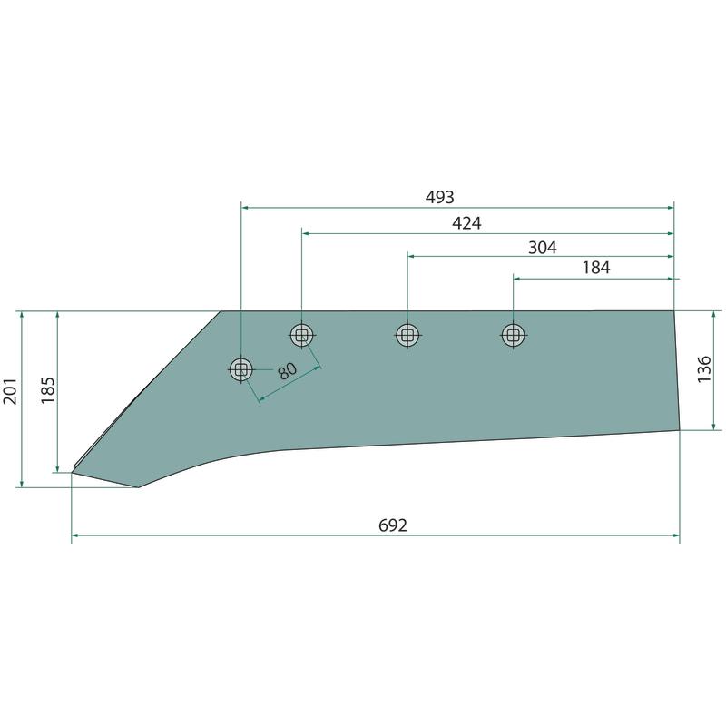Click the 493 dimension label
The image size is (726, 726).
tap(440, 197)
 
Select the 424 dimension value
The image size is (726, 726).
tap(466, 223)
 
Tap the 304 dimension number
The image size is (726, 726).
tap(542, 248)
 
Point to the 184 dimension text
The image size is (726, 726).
tap(596, 268)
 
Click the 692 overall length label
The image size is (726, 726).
tap(393, 525)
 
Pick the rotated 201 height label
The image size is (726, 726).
tap(10, 391)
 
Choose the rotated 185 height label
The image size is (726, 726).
tap(48, 390)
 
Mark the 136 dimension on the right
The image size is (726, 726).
tap(704, 368)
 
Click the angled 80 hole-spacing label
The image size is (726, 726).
tap(287, 371)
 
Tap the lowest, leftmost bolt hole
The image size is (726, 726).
tap(240, 370)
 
